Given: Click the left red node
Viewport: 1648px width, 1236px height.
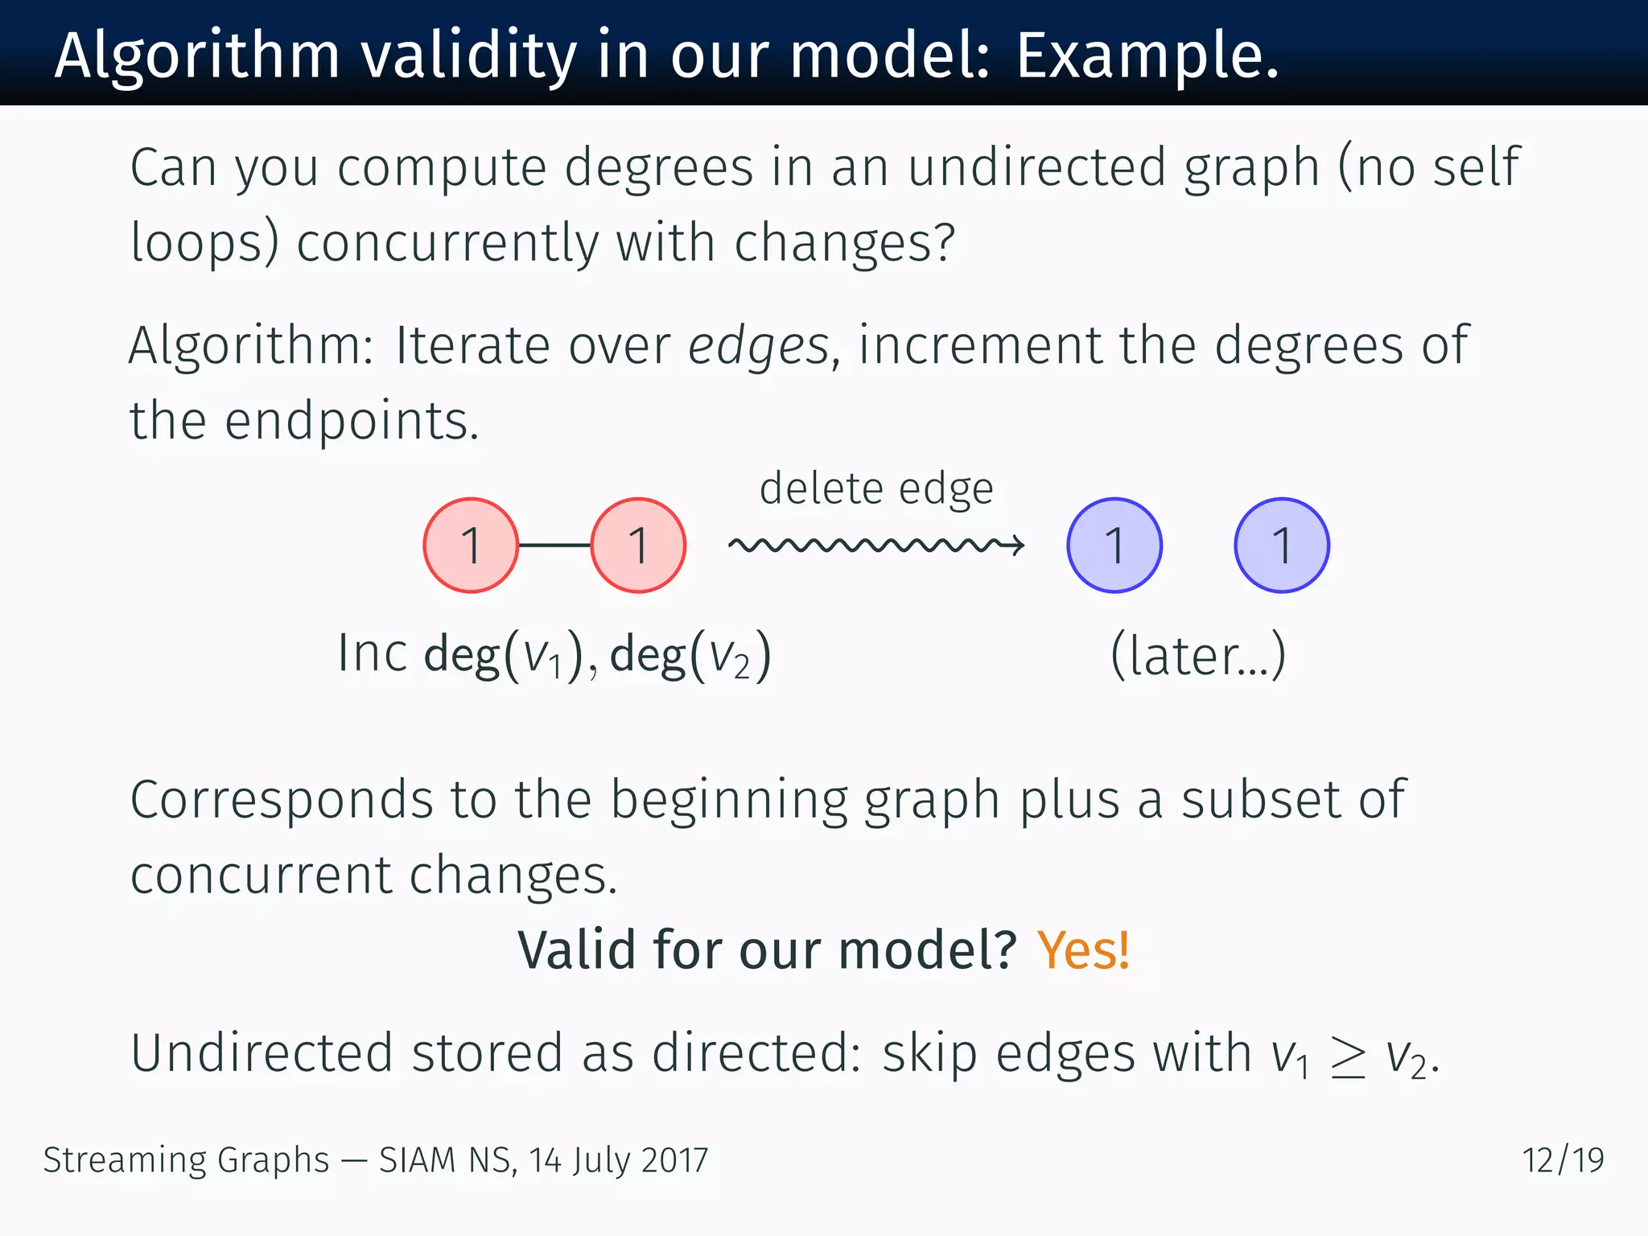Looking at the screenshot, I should point(471,546).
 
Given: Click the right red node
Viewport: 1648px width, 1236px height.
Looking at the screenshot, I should point(638,546).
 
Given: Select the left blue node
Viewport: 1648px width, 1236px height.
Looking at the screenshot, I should point(1114,546).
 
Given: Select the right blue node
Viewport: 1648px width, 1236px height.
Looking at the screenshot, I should point(1282,546).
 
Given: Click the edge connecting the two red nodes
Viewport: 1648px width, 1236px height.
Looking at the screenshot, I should point(554,546).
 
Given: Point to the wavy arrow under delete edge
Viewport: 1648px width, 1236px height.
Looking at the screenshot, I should point(875,546).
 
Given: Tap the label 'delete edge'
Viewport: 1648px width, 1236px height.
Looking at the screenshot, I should point(876,488).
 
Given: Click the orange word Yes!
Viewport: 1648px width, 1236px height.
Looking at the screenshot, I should point(1083,950).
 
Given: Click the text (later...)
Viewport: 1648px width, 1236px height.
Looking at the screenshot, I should point(1198,655).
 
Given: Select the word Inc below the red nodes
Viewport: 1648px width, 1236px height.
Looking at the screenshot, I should point(372,653).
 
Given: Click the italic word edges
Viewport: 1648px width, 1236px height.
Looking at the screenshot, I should point(758,346).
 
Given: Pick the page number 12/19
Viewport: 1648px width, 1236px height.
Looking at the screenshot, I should point(1563,1160).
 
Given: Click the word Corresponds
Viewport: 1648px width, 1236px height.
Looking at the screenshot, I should point(282,801).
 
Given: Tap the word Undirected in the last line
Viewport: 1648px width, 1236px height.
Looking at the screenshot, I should point(262,1053).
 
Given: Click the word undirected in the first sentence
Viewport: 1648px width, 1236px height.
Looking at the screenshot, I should point(1036,167).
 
